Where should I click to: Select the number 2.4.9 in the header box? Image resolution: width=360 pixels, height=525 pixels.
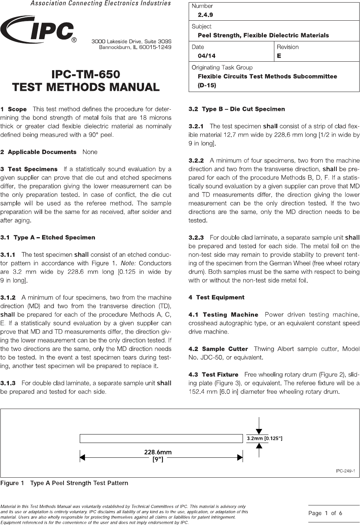(x=205, y=15)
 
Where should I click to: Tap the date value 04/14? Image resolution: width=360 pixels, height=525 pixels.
(x=207, y=56)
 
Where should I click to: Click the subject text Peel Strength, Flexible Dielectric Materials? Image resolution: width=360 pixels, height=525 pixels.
(x=263, y=35)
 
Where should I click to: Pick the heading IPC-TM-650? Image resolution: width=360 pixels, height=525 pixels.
(x=86, y=75)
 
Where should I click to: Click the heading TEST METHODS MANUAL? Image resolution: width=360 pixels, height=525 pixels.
(x=86, y=87)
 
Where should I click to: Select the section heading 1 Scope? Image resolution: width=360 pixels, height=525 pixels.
(x=14, y=109)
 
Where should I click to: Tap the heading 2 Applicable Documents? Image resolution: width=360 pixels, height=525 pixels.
(x=38, y=152)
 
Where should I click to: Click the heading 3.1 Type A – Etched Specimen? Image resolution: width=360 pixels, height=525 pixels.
(x=48, y=238)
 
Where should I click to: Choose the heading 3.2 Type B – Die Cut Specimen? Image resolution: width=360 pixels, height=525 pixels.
(x=237, y=109)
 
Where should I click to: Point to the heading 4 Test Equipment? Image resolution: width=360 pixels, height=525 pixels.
(x=216, y=297)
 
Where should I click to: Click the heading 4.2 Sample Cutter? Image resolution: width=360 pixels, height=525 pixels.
(x=218, y=349)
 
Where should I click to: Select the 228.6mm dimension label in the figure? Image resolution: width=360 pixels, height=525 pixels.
(x=158, y=452)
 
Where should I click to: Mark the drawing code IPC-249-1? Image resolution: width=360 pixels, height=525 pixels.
(x=345, y=471)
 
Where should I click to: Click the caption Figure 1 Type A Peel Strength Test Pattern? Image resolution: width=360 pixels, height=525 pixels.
(x=64, y=483)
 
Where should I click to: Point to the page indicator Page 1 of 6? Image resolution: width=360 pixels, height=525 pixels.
(x=325, y=513)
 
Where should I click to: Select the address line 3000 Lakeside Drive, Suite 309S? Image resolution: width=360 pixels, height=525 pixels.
(x=131, y=41)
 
